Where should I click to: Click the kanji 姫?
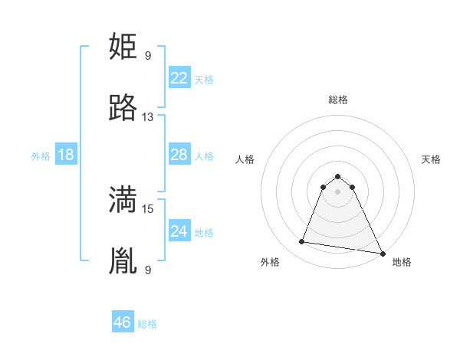(123, 47)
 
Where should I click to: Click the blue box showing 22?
(179, 78)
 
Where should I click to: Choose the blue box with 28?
(179, 155)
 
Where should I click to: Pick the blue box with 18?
(66, 155)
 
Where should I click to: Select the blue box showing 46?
(123, 322)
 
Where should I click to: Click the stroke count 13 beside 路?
(148, 117)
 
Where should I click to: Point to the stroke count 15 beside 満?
(148, 208)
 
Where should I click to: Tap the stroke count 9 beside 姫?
(148, 55)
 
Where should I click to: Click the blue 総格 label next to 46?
(147, 324)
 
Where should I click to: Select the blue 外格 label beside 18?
(41, 156)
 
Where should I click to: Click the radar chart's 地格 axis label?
(402, 262)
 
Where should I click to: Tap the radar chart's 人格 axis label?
(245, 159)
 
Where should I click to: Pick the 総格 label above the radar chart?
(337, 100)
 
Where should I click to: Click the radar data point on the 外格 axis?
(301, 242)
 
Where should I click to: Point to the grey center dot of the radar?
(337, 191)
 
